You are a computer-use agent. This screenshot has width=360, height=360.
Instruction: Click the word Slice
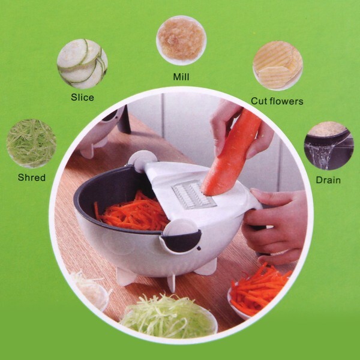(x=82, y=97)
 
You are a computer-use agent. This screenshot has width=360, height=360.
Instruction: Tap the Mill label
(x=181, y=77)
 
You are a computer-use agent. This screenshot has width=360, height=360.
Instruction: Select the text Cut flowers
(x=277, y=101)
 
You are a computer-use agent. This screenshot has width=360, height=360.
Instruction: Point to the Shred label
(x=32, y=178)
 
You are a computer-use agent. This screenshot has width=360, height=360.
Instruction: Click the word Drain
(x=328, y=180)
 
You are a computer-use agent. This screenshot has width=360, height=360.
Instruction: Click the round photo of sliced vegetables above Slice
(x=82, y=64)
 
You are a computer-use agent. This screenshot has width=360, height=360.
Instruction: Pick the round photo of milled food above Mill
(x=181, y=40)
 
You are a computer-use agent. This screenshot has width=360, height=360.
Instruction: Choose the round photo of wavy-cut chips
(x=278, y=65)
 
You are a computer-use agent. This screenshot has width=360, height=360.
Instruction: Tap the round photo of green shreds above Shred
(x=31, y=143)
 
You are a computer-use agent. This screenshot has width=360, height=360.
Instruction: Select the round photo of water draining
(x=329, y=146)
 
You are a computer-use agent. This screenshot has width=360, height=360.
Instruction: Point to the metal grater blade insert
(x=194, y=194)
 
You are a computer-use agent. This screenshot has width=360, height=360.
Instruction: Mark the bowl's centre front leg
(x=172, y=283)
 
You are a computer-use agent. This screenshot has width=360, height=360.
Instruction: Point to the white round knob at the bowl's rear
(x=142, y=160)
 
